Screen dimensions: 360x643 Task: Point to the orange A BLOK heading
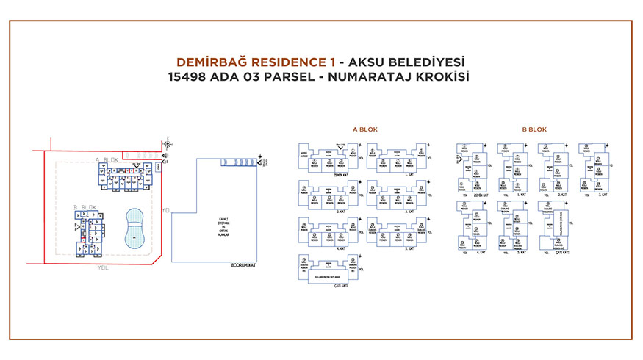[x=365, y=129]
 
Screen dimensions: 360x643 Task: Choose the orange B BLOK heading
[x=534, y=129]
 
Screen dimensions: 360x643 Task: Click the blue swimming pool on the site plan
[x=134, y=228]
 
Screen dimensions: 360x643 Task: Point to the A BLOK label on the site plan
[x=107, y=159]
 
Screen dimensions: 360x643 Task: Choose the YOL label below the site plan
[x=103, y=269]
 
